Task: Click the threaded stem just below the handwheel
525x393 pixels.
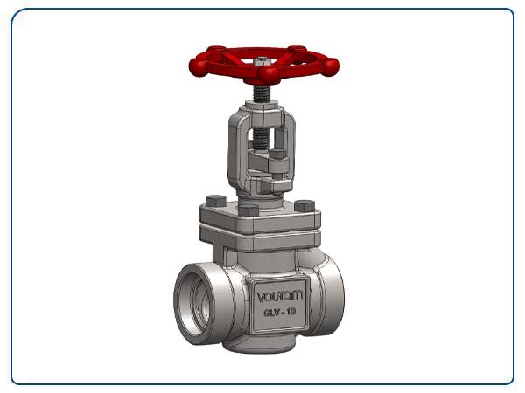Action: click(262, 89)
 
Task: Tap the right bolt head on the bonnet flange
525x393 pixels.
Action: click(305, 206)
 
